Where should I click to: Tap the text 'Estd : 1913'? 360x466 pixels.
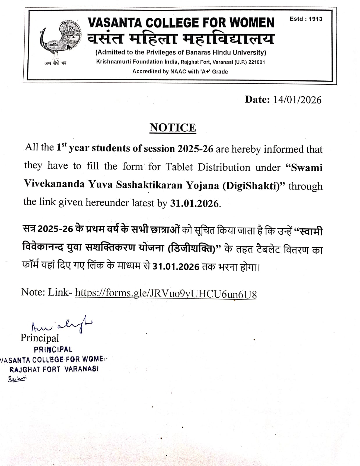click(306, 19)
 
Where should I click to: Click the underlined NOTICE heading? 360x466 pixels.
click(173, 128)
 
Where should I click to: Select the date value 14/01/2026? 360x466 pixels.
click(297, 100)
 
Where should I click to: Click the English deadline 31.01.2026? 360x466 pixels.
click(194, 203)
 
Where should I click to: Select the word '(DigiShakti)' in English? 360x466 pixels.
click(253, 185)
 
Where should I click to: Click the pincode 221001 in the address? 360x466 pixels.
click(256, 62)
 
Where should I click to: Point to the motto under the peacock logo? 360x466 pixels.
click(56, 63)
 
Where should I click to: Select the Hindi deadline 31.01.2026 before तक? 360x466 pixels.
click(176, 266)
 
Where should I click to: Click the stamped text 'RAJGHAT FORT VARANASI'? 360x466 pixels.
click(54, 369)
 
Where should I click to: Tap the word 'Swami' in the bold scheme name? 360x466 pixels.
click(304, 168)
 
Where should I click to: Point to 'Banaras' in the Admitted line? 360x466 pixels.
click(197, 52)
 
